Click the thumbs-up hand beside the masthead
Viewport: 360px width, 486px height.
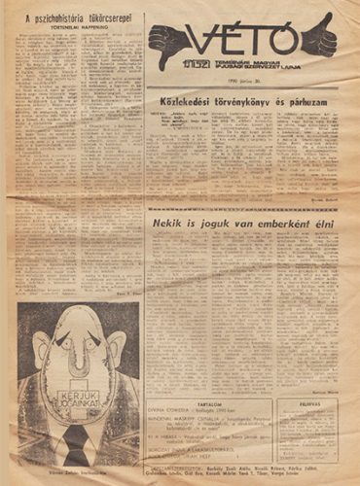(318, 38)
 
